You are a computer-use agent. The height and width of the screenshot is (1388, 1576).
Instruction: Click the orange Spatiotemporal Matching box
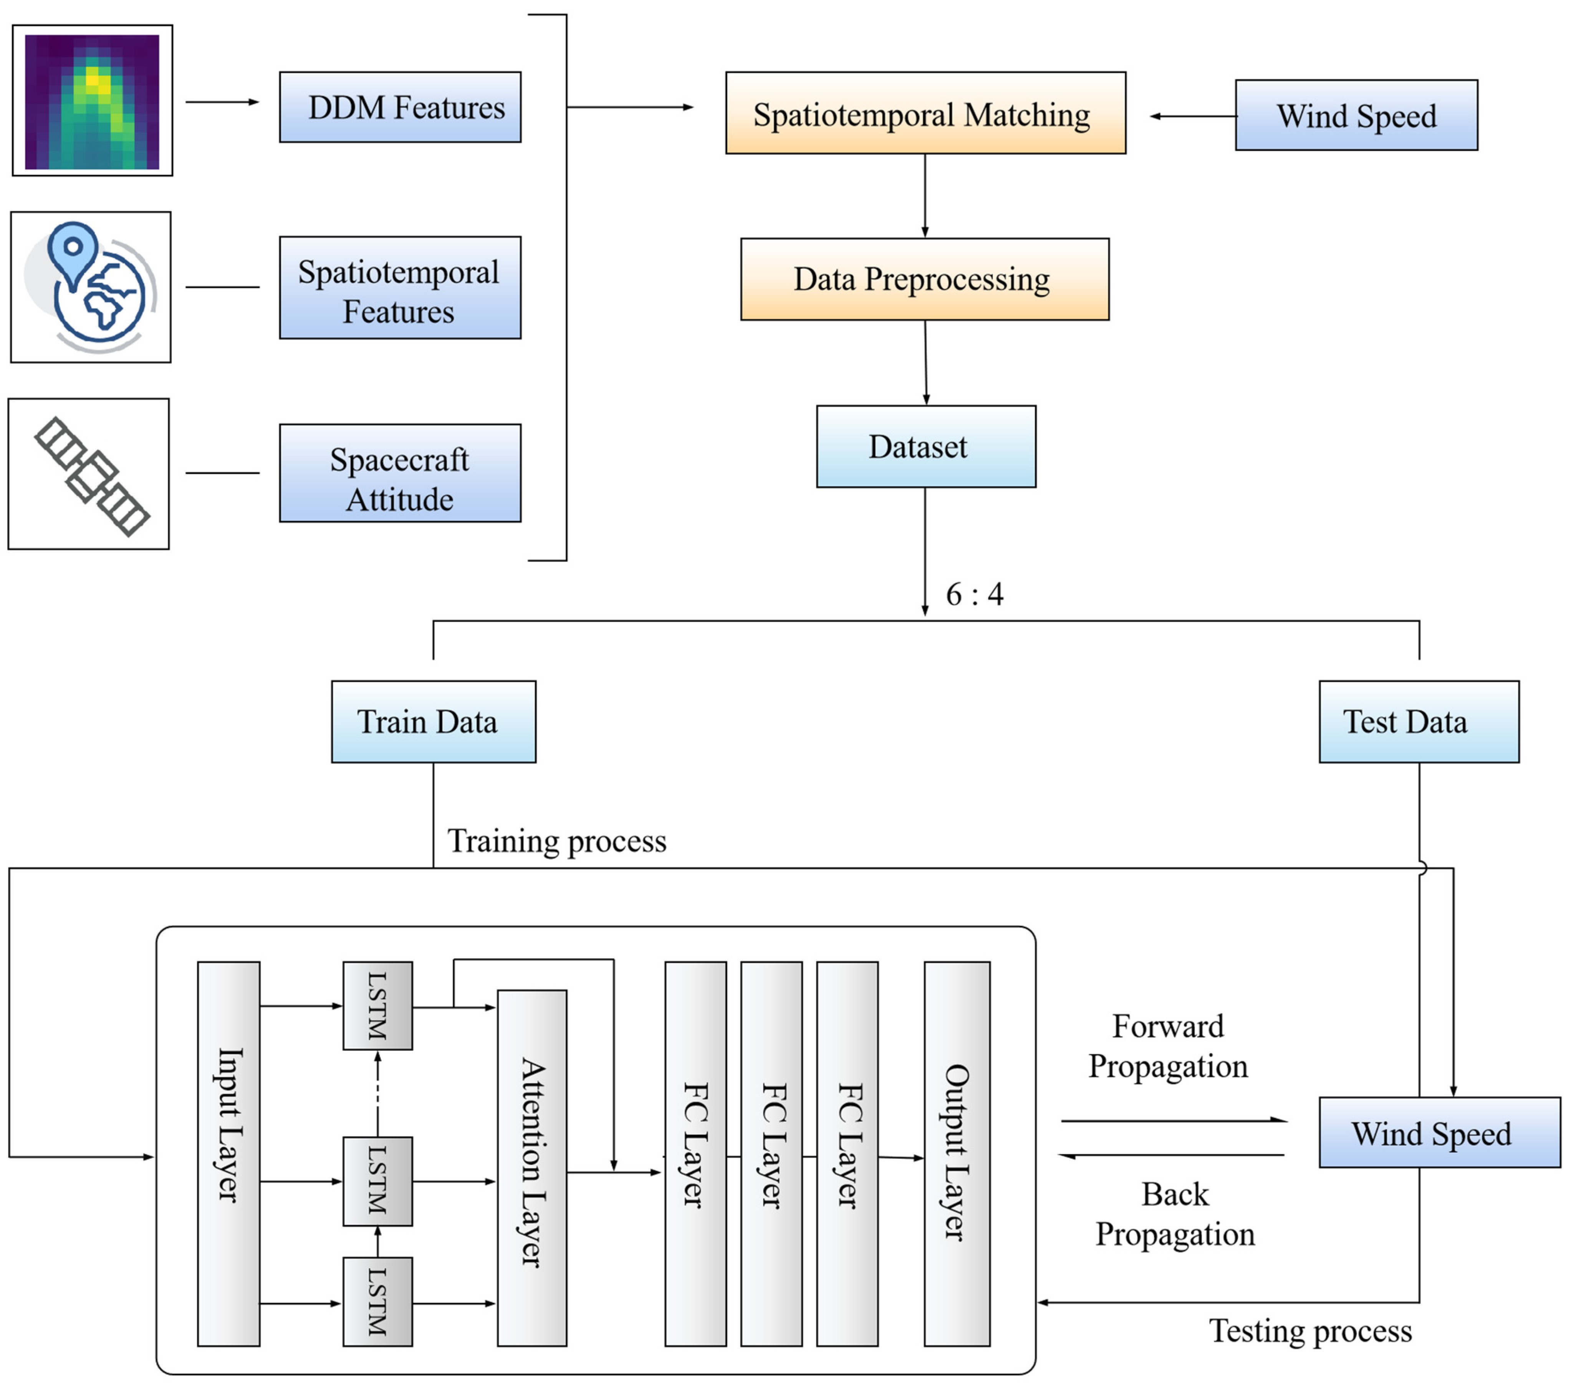pyautogui.click(x=925, y=113)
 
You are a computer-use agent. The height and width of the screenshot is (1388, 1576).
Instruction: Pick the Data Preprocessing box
pyautogui.click(x=924, y=279)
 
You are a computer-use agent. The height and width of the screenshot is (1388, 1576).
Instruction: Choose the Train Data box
pyautogui.click(x=433, y=722)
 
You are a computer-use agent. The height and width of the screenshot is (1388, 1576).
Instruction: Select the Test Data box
pyautogui.click(x=1419, y=722)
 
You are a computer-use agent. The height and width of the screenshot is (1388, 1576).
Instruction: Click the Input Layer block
pyautogui.click(x=228, y=1154)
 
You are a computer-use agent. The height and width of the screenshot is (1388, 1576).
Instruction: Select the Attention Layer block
pyautogui.click(x=532, y=1168)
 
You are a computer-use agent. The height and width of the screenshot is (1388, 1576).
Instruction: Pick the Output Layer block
pyautogui.click(x=957, y=1154)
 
